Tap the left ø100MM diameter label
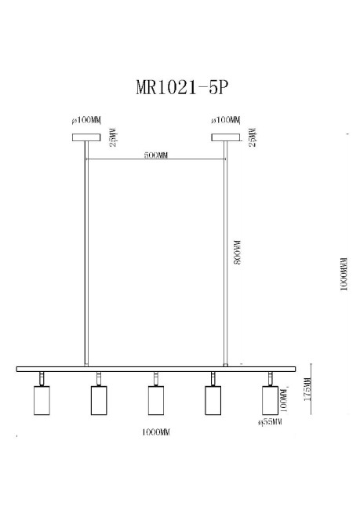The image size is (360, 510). point(87,121)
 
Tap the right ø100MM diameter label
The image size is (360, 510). point(226,121)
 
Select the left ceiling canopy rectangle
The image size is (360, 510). point(86,137)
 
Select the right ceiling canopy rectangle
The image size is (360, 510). point(226,137)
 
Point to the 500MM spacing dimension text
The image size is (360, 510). point(156,155)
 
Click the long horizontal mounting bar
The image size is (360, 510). point(156,368)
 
